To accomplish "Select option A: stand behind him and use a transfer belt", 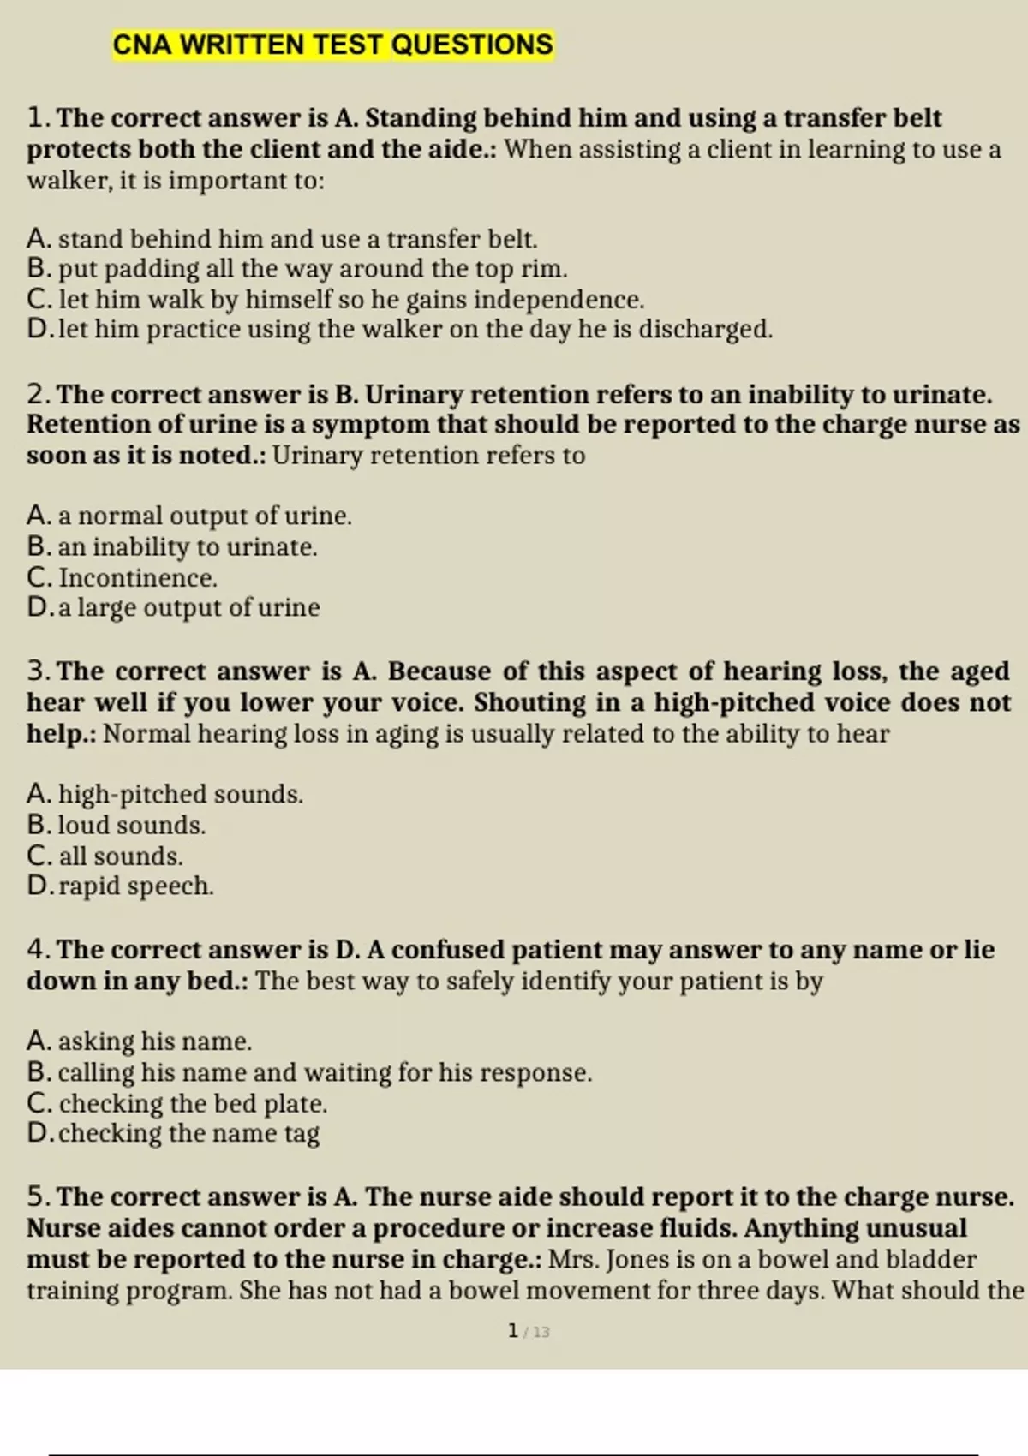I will (282, 238).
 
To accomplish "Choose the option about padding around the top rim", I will (296, 269).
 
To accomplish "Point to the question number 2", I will (37, 394).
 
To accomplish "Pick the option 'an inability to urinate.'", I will (171, 546).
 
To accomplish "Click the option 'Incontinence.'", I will (123, 577).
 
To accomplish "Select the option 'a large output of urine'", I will (173, 607).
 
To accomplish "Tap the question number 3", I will (37, 671).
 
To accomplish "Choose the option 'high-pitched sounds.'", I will (164, 794).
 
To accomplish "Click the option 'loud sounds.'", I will (117, 825).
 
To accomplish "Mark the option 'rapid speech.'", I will (120, 886).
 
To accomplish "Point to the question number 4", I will (37, 949).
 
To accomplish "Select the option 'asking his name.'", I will (140, 1041).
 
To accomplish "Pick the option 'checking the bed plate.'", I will (177, 1103).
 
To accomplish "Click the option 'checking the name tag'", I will (173, 1133).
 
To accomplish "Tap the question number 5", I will (37, 1196).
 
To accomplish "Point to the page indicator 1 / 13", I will (528, 1331).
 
